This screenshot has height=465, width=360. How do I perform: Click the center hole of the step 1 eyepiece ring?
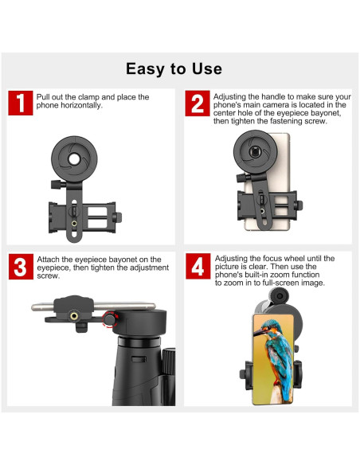73,158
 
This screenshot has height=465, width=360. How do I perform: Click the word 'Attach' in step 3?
49,260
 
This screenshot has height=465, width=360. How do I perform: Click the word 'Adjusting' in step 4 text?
232,259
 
